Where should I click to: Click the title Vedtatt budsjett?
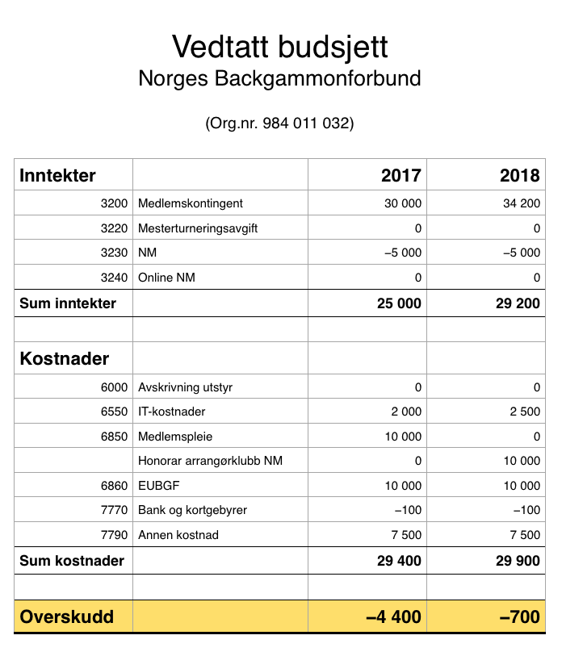[280, 46]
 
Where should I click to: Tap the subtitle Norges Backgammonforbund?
[280, 79]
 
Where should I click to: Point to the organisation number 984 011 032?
[280, 124]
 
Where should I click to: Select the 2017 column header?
[401, 175]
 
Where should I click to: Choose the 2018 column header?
[520, 175]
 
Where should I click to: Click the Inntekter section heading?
[57, 175]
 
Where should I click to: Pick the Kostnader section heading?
[64, 358]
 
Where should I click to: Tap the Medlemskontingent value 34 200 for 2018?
[521, 203]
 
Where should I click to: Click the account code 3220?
[115, 228]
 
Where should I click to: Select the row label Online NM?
[167, 278]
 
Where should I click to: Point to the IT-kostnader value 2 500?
[525, 412]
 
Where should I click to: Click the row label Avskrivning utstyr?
[186, 387]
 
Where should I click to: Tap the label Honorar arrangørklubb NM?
[210, 462]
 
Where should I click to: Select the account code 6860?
[115, 486]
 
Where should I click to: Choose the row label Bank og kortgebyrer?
[193, 510]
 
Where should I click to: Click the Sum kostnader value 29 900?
[517, 560]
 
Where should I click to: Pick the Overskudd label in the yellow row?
[66, 617]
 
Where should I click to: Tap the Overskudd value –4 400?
[393, 617]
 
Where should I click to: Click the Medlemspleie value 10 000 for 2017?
[402, 437]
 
